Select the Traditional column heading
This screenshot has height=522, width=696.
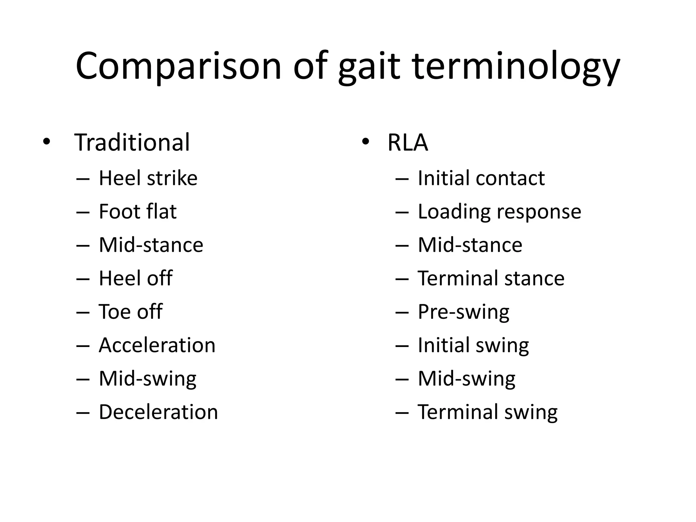tap(132, 142)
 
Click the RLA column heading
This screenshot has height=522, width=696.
tap(407, 142)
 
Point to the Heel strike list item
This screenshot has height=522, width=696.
tap(148, 178)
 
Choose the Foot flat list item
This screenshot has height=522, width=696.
tap(138, 211)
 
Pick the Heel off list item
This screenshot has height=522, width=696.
tap(136, 278)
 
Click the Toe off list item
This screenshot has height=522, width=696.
tap(130, 312)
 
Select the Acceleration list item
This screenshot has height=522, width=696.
tap(157, 345)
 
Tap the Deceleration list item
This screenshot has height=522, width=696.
tap(158, 412)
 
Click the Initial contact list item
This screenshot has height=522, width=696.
tap(481, 178)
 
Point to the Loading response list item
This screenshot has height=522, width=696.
tap(499, 212)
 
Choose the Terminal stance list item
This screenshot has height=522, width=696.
tap(491, 278)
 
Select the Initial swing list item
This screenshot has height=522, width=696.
tap(473, 345)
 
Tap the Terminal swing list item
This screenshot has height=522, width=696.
tap(487, 412)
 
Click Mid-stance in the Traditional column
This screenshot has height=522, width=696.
tap(151, 245)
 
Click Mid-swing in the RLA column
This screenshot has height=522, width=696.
tap(466, 379)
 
